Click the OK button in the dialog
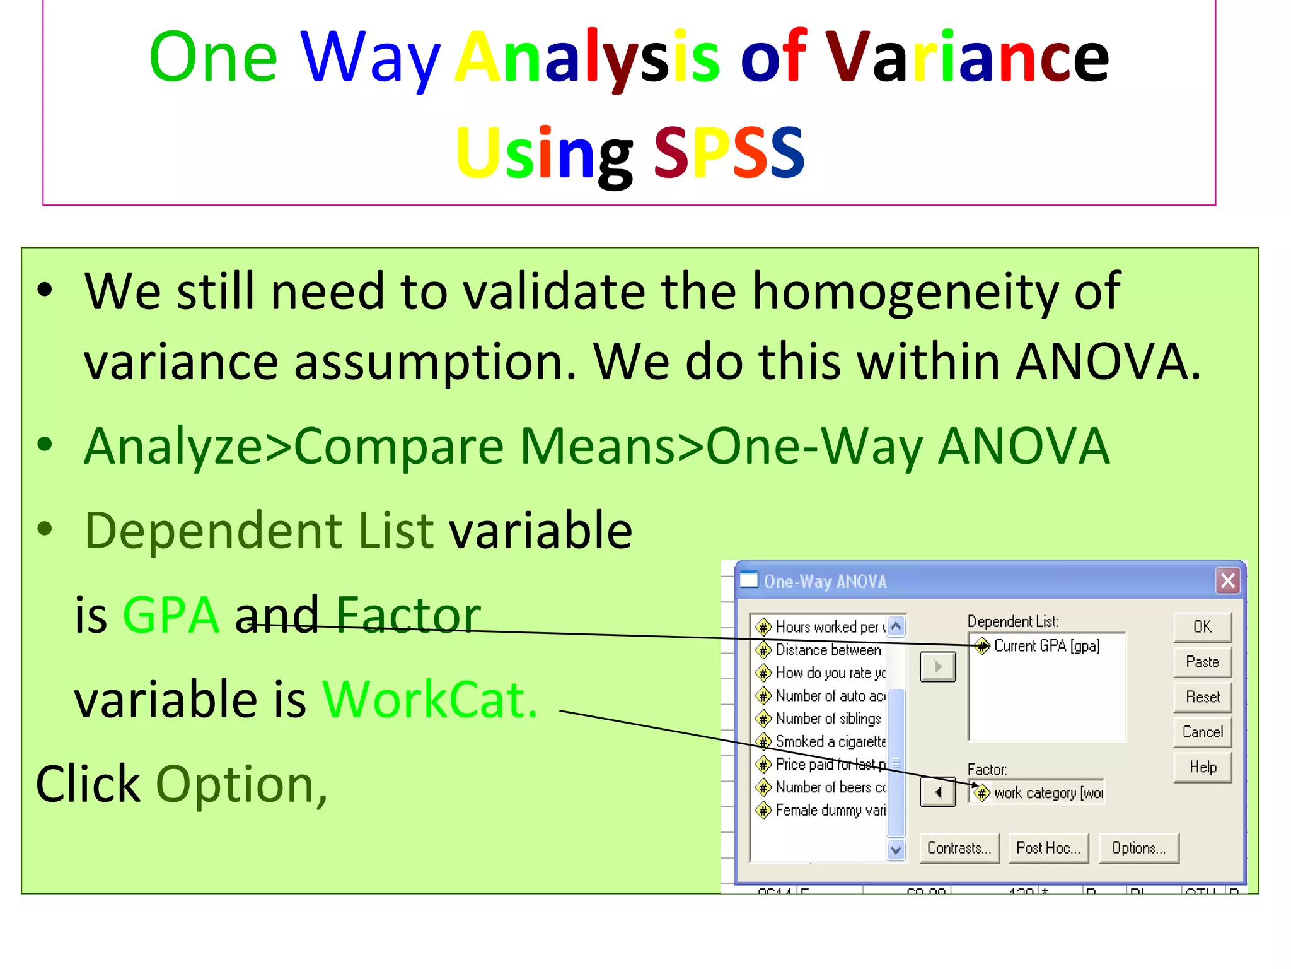point(1202,626)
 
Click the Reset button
point(1202,697)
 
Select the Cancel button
point(1202,732)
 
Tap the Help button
point(1202,767)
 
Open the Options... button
point(1138,848)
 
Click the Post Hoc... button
point(1048,848)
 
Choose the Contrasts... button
point(959,848)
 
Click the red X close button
point(1227,581)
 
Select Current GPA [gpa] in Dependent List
point(1046,646)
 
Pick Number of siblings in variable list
point(827,719)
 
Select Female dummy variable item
point(830,810)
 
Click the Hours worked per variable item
point(826,627)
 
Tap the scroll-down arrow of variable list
point(896,850)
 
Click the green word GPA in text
point(171,616)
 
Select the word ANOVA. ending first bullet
point(1108,362)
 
